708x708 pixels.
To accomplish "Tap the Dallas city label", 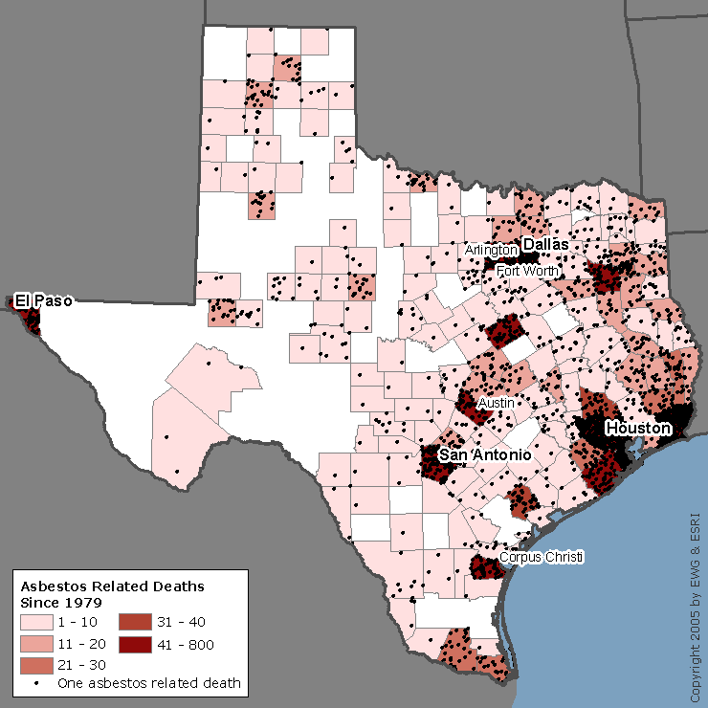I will tap(546, 245).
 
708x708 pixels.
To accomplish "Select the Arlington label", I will tap(492, 250).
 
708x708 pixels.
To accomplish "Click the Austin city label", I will tap(497, 403).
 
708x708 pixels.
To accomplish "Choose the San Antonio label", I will tap(485, 455).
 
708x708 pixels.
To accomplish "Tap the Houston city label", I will tap(637, 428).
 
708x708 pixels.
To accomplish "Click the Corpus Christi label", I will tap(541, 557).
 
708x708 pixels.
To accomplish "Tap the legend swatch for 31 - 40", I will tap(134, 623).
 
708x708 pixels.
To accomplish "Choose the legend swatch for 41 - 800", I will tap(134, 643).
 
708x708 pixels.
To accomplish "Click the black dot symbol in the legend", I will tap(36, 683).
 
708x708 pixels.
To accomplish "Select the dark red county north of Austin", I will tap(503, 334).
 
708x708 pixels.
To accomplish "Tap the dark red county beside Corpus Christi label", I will tap(486, 567).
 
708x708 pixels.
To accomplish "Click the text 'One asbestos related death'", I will tap(148, 683).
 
